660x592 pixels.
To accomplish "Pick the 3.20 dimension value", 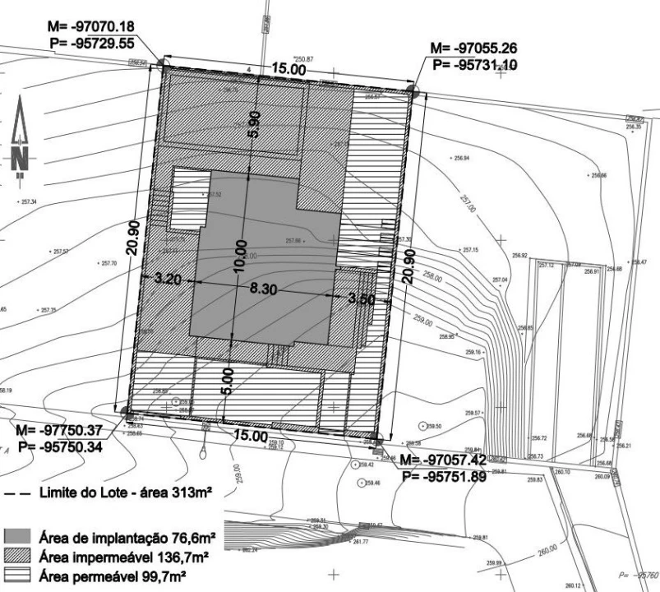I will (168, 278).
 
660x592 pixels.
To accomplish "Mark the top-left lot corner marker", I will (162, 64).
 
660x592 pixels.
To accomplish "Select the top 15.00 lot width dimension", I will (290, 71).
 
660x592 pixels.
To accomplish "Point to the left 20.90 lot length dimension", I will (140, 235).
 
